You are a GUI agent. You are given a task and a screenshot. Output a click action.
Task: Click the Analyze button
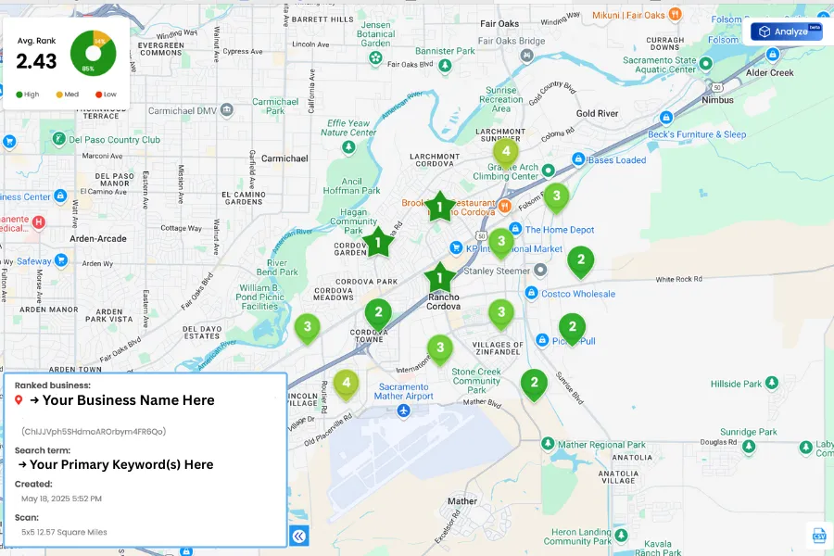(787, 32)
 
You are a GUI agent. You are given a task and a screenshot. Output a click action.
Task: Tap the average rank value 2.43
(37, 61)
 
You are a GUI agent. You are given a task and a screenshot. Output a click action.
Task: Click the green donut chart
(93, 53)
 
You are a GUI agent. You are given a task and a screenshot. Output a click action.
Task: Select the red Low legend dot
(98, 95)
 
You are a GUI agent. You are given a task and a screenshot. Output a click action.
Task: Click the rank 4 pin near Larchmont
(505, 152)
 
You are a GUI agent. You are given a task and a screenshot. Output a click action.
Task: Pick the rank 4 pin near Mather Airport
(346, 382)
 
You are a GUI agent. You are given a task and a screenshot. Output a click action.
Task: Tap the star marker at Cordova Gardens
(378, 243)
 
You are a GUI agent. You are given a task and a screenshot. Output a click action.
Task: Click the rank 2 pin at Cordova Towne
(377, 313)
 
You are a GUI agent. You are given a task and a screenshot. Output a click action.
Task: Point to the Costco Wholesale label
(577, 294)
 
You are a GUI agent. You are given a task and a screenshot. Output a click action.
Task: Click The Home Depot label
(560, 230)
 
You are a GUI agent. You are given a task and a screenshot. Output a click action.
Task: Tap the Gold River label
(597, 114)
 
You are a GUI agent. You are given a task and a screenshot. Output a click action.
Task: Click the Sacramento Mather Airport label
(404, 390)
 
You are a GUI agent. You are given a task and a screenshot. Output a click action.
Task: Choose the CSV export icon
(819, 536)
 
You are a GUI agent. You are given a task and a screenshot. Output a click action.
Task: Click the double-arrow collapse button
(298, 536)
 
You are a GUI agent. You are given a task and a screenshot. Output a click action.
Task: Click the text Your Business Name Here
(128, 400)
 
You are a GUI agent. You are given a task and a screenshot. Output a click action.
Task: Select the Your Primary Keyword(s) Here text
(120, 464)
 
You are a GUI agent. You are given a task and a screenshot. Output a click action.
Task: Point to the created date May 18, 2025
(61, 499)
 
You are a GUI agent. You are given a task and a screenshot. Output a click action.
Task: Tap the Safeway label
(34, 261)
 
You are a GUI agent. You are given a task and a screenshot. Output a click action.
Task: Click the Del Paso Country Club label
(114, 139)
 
